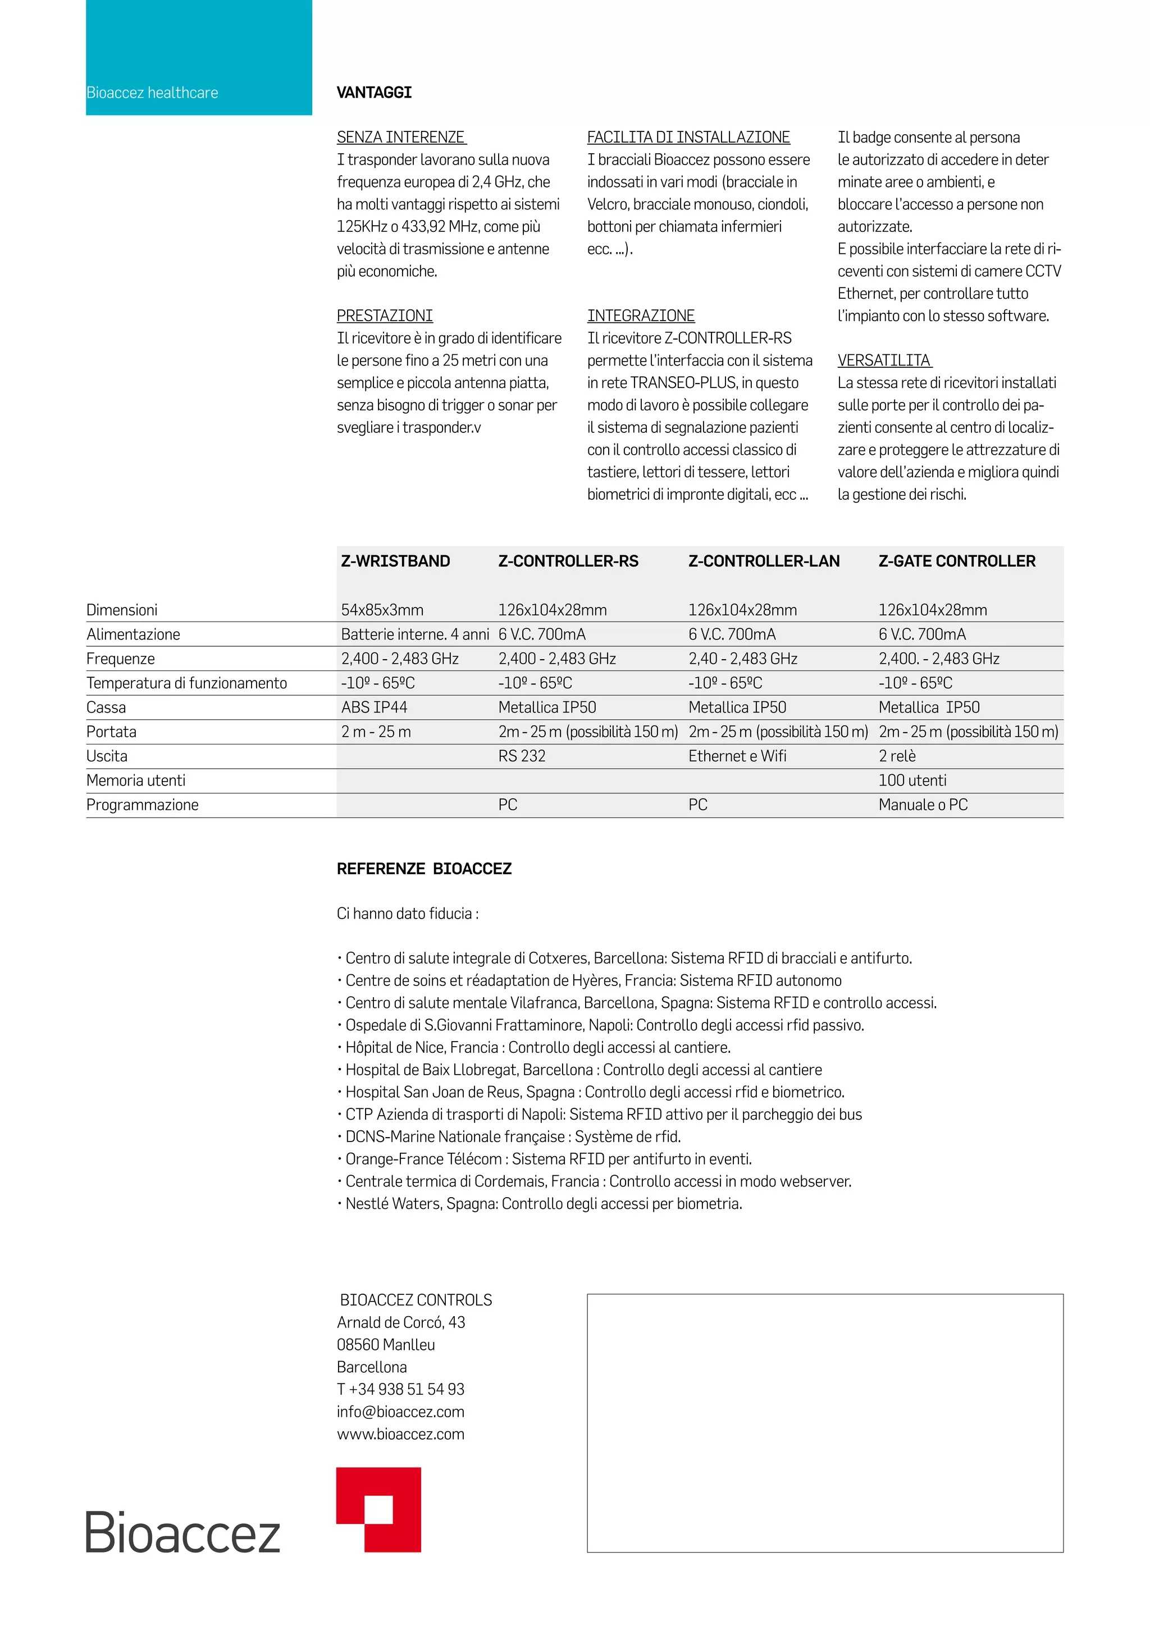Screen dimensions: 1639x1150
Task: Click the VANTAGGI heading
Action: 374,93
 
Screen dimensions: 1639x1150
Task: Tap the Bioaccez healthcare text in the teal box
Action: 152,93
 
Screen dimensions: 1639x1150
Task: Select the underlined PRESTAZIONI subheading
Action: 385,316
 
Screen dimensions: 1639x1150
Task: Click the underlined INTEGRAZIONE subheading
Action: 640,316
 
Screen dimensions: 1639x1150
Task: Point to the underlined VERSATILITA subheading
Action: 884,360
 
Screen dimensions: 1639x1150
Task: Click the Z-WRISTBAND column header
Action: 395,561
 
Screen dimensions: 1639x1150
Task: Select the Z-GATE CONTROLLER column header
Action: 956,561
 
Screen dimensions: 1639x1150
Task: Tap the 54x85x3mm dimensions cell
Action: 382,610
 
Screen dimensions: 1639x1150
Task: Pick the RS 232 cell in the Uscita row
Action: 522,756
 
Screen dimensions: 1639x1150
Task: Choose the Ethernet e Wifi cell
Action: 737,756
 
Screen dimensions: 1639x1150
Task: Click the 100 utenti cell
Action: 912,780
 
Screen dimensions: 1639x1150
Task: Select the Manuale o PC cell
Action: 923,805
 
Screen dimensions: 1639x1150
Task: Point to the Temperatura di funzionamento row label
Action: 186,683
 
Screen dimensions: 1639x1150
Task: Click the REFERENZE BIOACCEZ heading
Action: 424,869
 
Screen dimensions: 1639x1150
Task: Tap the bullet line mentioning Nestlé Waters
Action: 540,1203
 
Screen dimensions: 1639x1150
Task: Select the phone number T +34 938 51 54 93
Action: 400,1389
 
